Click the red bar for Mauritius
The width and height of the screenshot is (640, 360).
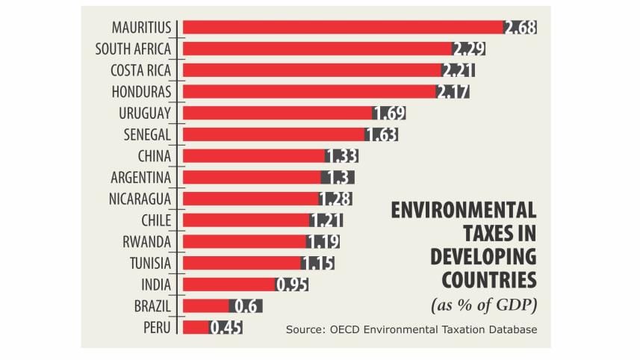click(344, 27)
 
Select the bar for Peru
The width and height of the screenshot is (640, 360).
click(196, 327)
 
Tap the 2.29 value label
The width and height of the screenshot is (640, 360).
click(469, 49)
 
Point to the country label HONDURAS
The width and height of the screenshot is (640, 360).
click(141, 91)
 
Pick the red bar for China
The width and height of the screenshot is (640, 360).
click(254, 155)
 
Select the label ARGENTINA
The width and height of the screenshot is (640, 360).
click(141, 177)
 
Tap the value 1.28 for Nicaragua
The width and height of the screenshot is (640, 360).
click(335, 199)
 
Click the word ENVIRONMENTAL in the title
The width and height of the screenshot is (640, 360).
click(464, 211)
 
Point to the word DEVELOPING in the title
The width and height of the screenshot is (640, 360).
click(483, 256)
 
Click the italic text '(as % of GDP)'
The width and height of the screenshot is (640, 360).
click(484, 304)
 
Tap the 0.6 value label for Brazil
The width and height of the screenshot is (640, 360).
click(246, 305)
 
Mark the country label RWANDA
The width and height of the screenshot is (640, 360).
click(147, 241)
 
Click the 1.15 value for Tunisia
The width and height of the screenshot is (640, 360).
click(317, 263)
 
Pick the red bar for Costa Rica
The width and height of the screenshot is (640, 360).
click(312, 69)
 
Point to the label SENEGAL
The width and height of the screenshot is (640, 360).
click(147, 134)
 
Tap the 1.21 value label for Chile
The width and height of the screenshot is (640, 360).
click(326, 220)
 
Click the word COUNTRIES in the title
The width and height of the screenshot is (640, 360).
click(489, 279)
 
